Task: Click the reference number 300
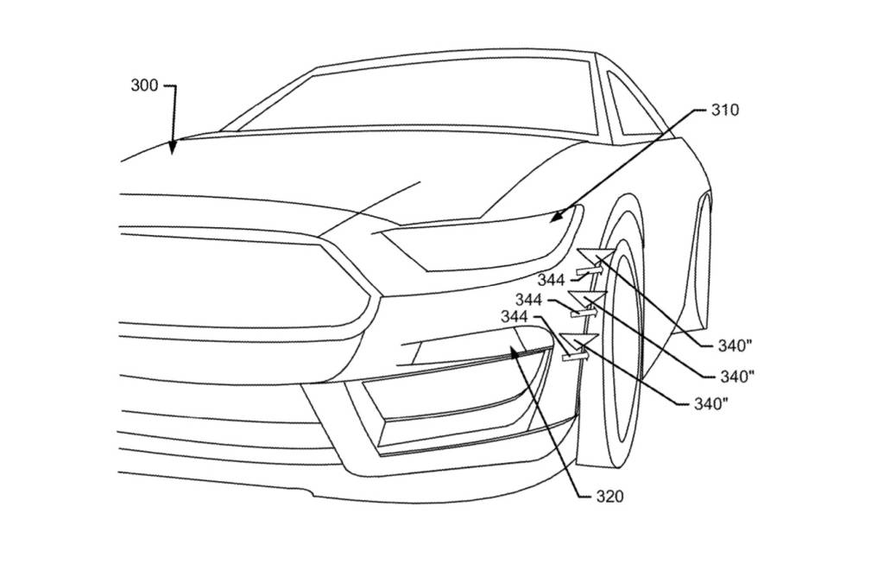click(x=144, y=86)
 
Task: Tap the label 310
click(x=725, y=111)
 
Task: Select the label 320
click(x=609, y=497)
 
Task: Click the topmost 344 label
click(x=551, y=280)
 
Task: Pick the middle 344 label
click(x=528, y=300)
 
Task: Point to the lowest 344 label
click(x=515, y=318)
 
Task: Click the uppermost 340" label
click(x=736, y=346)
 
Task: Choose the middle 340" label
click(x=736, y=376)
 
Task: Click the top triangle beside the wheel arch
click(x=596, y=256)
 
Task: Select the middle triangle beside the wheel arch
click(x=589, y=301)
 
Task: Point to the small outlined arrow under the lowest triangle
click(x=574, y=354)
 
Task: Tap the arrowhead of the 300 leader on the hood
click(x=173, y=148)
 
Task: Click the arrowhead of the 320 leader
click(x=516, y=351)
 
